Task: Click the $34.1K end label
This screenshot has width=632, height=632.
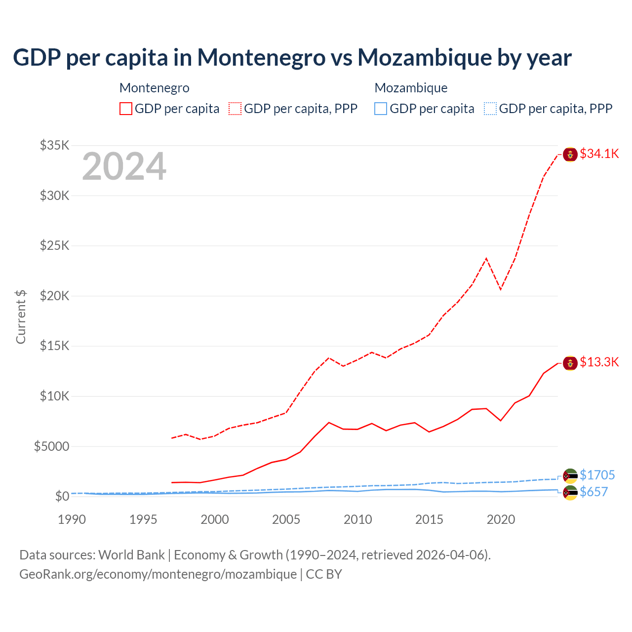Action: click(599, 154)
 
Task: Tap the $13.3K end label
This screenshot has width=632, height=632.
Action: click(599, 362)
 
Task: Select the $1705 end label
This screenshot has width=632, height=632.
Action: click(597, 475)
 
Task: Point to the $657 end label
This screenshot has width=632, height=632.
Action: click(593, 492)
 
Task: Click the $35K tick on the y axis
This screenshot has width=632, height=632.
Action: click(55, 145)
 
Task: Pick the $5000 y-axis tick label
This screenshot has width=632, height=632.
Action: click(51, 446)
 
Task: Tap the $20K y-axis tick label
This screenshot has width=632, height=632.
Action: click(55, 296)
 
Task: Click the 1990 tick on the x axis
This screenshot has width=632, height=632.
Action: click(72, 519)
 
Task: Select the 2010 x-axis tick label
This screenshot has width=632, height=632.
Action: click(357, 519)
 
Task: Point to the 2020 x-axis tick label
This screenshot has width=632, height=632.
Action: click(501, 519)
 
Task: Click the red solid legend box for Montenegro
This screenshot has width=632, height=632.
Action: click(126, 109)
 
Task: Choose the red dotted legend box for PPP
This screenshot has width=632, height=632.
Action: click(235, 109)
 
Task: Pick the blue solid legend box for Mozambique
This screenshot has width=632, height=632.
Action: click(381, 109)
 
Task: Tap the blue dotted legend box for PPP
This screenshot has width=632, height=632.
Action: click(490, 109)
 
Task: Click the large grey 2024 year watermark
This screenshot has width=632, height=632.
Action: click(124, 166)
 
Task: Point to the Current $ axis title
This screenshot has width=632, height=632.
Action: click(21, 317)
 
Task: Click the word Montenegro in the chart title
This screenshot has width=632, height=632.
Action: click(262, 57)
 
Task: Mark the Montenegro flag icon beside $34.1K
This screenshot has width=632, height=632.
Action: click(570, 155)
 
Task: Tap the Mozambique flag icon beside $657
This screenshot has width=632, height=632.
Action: click(570, 493)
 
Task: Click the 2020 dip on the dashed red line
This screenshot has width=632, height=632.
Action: click(501, 289)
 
